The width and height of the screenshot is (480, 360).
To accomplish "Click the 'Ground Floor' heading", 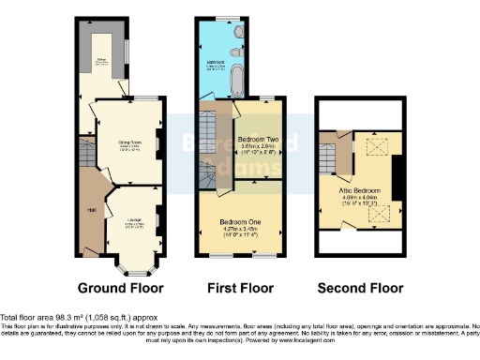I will (x=120, y=288).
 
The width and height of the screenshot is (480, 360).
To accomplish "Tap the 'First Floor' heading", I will (x=238, y=288).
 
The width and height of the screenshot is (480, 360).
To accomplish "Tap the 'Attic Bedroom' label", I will (x=360, y=189).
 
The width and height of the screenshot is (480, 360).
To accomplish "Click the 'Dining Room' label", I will (x=128, y=142).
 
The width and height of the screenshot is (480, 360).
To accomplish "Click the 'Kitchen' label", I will (x=104, y=64).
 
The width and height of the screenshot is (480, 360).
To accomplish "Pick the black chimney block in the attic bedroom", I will (x=397, y=178).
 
